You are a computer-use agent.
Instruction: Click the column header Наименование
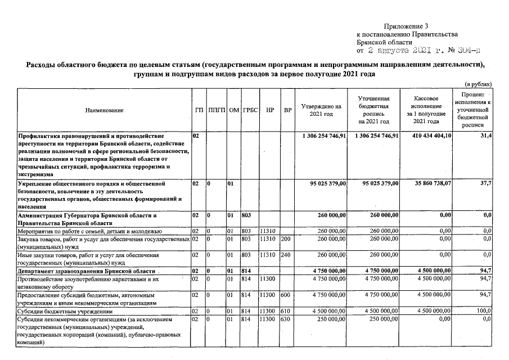(104, 111)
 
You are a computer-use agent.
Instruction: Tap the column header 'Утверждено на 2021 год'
(321, 110)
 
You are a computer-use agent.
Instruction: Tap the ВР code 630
(285, 319)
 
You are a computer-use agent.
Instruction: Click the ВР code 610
(285, 310)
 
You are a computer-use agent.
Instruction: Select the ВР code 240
(285, 254)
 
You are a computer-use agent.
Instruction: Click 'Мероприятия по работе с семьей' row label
(90, 231)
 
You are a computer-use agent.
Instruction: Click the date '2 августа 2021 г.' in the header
(403, 50)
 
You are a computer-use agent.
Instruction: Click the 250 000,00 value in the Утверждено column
(330, 319)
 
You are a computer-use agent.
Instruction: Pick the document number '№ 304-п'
(463, 50)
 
